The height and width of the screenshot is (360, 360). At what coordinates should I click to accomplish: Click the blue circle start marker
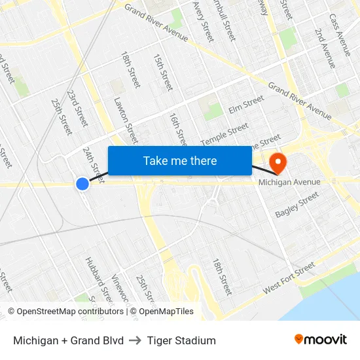(x=82, y=184)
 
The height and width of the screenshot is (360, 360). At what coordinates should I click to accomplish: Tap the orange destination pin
(x=278, y=162)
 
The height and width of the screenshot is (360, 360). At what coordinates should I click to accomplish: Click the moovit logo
(x=320, y=340)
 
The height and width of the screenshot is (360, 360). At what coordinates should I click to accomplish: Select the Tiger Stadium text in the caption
(x=181, y=340)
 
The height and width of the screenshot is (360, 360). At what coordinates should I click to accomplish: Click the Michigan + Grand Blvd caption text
(x=68, y=340)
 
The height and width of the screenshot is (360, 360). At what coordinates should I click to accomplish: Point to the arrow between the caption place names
(x=135, y=340)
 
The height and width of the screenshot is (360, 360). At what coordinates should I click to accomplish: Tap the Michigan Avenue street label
(x=289, y=182)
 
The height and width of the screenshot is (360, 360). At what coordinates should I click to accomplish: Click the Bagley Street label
(x=297, y=205)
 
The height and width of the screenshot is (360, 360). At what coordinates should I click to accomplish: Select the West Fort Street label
(x=289, y=279)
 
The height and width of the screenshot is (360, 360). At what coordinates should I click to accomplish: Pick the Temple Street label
(x=225, y=134)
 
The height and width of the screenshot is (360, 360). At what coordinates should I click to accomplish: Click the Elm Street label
(x=246, y=103)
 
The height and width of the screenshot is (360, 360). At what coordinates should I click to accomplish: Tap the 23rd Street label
(x=77, y=108)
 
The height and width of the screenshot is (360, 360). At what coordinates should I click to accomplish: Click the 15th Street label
(x=162, y=72)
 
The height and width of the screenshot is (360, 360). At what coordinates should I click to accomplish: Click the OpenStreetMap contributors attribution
(x=65, y=312)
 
